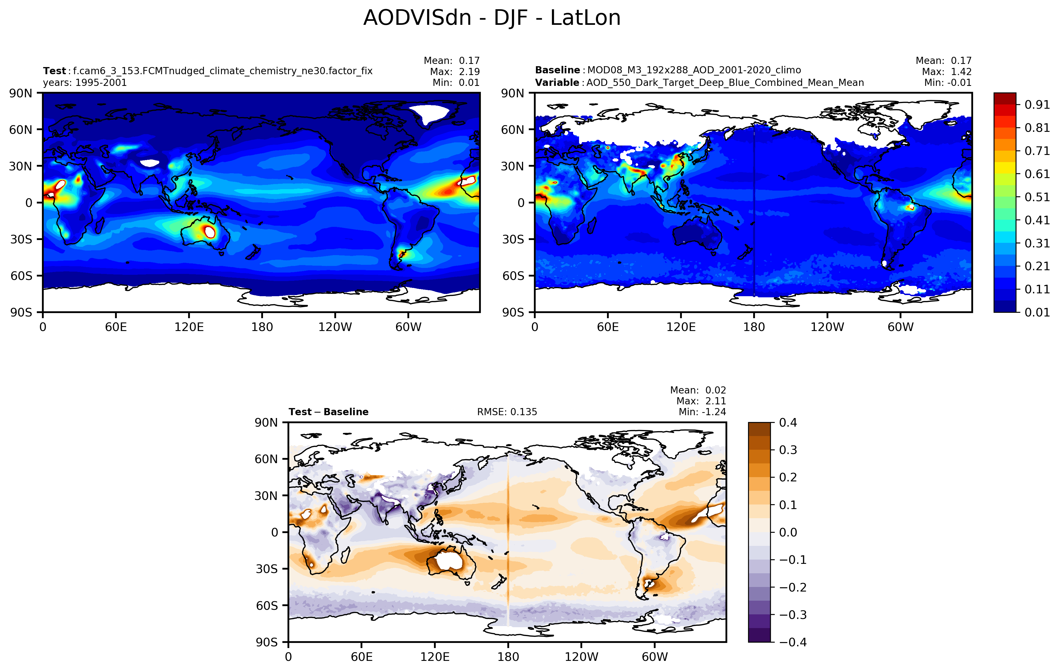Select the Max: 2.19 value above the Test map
[x=455, y=72]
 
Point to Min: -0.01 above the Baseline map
[x=948, y=83]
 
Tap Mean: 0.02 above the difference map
[x=698, y=390]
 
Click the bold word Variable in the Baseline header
[x=557, y=83]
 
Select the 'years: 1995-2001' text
[x=85, y=83]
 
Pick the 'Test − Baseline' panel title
[x=329, y=412]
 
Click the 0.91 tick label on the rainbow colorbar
[x=1037, y=105]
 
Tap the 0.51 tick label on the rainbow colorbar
[x=1037, y=197]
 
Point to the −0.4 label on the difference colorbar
[x=793, y=642]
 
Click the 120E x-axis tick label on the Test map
[x=189, y=327]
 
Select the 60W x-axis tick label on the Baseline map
[x=900, y=327]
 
